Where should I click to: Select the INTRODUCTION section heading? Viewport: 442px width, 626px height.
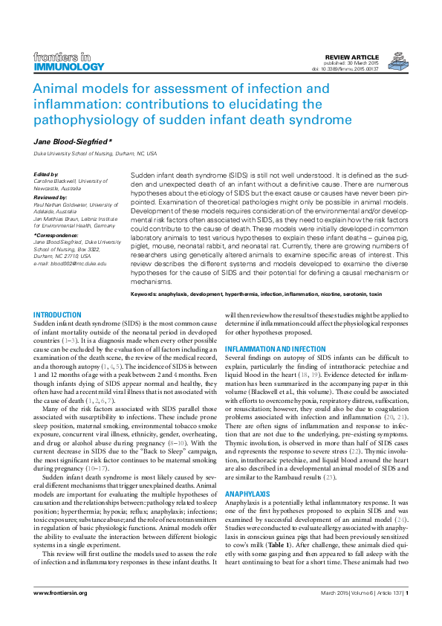pyautogui.click(x=58, y=315)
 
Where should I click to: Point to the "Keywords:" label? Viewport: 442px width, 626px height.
pyautogui.click(x=148, y=294)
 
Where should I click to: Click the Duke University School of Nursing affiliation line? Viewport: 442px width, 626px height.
pyautogui.click(x=95, y=153)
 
